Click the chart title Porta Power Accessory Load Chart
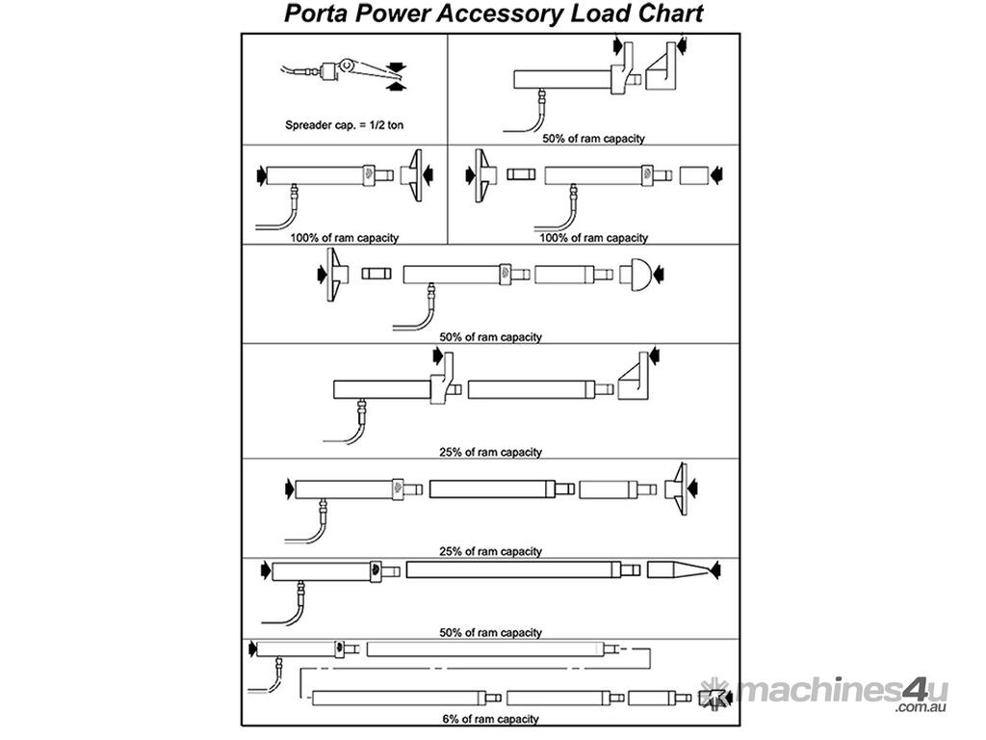493,13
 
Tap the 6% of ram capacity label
491,719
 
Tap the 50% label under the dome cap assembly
490,337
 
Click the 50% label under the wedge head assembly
490,633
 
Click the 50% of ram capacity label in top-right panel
593,139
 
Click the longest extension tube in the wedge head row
510,569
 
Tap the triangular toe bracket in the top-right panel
665,69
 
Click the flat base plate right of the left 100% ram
415,174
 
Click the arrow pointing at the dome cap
659,275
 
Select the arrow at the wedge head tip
716,570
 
